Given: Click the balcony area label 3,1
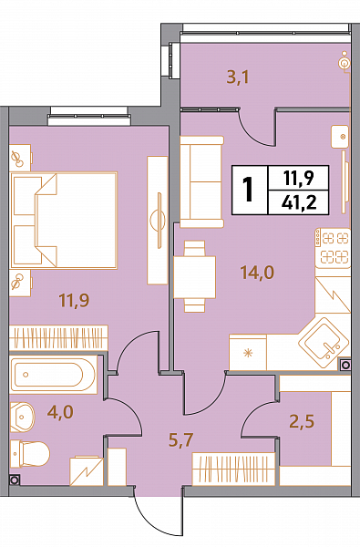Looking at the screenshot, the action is (238, 77).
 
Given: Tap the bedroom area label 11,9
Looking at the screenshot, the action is (75, 300).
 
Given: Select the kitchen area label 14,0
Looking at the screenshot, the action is (257, 273).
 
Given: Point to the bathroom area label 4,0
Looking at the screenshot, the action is (60, 412).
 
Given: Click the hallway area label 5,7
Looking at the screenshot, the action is (180, 440).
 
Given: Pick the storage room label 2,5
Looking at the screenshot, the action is (302, 421).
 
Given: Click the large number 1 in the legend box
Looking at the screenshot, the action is (249, 190).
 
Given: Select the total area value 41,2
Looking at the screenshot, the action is (299, 202).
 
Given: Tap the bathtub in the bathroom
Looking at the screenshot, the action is (53, 375).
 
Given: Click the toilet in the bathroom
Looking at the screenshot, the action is (30, 453).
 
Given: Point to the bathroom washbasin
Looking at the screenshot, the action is (22, 417).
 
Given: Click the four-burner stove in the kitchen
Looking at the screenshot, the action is (333, 248).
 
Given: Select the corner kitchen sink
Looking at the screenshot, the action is (324, 344).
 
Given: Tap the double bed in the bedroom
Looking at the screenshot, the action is (64, 221).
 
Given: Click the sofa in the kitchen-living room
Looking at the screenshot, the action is (201, 181).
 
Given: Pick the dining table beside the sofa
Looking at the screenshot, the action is (195, 277).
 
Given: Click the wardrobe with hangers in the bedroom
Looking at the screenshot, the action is (58, 337).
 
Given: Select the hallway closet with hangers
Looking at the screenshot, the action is (233, 469).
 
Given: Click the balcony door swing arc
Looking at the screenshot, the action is (253, 133).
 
